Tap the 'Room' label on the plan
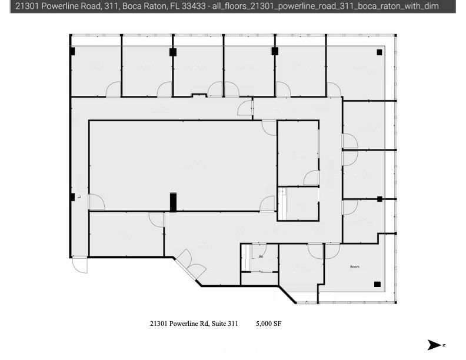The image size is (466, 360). (x=354, y=266)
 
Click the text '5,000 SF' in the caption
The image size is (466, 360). (x=269, y=324)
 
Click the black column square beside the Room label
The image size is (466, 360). (x=377, y=285)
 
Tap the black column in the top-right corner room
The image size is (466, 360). (x=380, y=52)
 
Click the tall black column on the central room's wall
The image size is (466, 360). (x=173, y=202)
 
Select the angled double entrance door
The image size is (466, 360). (x=191, y=264)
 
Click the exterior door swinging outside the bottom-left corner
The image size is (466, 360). (x=79, y=265)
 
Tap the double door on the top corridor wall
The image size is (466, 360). (x=223, y=90)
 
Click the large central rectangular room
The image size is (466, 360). (x=182, y=165)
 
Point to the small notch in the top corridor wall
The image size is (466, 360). (x=199, y=94)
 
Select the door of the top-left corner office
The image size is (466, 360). (x=113, y=89)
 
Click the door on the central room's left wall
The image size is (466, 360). (x=96, y=202)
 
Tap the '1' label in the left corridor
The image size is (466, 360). (x=78, y=198)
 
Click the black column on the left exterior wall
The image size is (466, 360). (x=72, y=197)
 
